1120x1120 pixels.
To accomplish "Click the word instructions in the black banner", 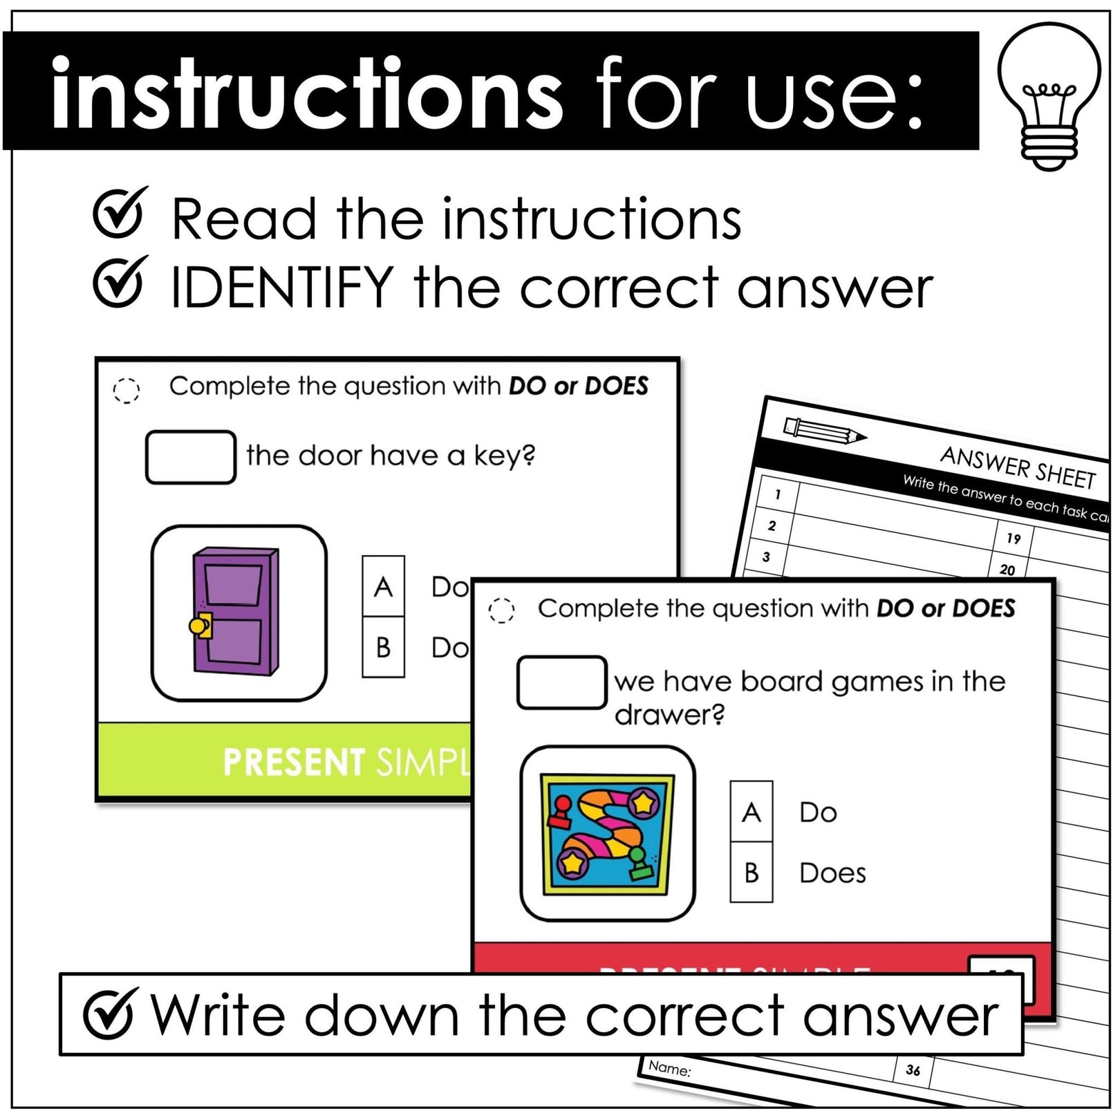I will [307, 93].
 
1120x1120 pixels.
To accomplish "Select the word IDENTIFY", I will [282, 287].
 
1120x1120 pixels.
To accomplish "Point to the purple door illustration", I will [235, 610].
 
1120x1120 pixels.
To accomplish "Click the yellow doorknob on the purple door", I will [198, 626].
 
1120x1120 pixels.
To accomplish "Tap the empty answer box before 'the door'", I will [190, 457].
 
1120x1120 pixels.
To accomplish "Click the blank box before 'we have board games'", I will [561, 682].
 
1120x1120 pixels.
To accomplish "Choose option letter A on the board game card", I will [751, 812].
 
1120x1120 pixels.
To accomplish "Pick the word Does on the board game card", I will [832, 873].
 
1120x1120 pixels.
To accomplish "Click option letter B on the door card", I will [383, 647].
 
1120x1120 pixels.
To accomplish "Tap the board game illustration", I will [608, 833].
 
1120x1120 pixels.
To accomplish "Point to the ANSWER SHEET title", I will [1018, 468].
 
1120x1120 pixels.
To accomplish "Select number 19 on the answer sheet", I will [1013, 539].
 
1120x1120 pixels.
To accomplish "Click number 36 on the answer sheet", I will [913, 1070].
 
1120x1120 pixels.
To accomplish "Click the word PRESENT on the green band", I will [294, 763].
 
